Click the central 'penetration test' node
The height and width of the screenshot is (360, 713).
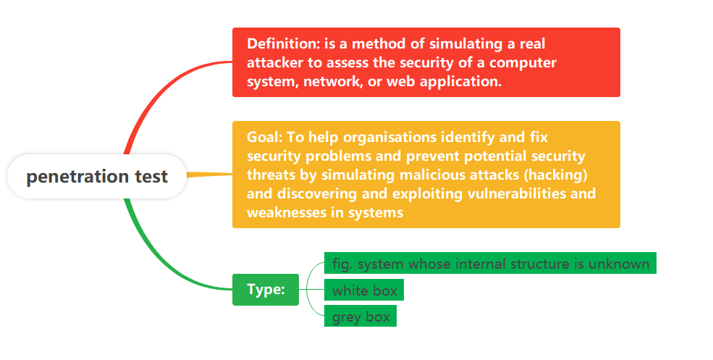[97, 176]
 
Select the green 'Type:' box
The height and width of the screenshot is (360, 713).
[266, 290]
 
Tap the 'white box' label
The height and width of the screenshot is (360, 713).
[364, 290]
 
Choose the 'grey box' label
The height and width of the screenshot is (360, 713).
[360, 317]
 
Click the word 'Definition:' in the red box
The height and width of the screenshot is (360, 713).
[283, 43]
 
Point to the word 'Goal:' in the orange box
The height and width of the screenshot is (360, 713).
[265, 137]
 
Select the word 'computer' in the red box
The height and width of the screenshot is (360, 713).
[523, 63]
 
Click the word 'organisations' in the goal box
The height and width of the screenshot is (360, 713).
[389, 138]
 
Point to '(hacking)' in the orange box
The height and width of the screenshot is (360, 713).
[558, 175]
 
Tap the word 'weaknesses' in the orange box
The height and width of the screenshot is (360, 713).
[287, 212]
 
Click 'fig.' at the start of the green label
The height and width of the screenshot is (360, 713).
[342, 264]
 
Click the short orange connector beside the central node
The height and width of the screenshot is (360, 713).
[210, 175]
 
